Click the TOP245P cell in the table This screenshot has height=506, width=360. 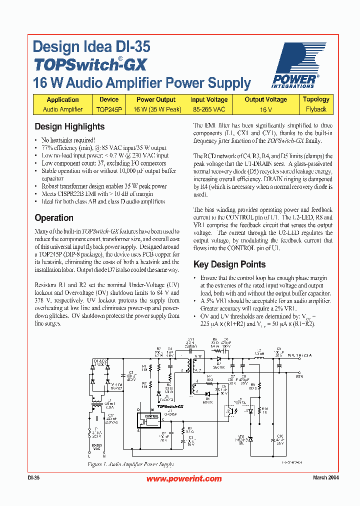[x=109, y=109]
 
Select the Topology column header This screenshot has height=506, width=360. [x=316, y=99]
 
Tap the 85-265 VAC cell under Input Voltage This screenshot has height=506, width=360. [x=208, y=109]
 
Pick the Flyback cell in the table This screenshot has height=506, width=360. [x=316, y=109]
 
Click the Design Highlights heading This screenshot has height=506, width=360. [x=69, y=126]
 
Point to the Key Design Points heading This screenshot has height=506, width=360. [x=229, y=264]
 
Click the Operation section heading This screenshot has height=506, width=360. [x=54, y=218]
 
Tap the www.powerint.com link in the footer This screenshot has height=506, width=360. [x=184, y=478]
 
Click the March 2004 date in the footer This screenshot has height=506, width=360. [x=326, y=478]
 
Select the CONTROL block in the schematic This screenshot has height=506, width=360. [x=151, y=416]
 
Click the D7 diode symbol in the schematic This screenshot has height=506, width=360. [x=218, y=358]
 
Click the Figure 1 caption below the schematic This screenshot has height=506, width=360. [x=131, y=464]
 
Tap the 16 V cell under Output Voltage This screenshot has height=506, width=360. [x=265, y=109]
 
